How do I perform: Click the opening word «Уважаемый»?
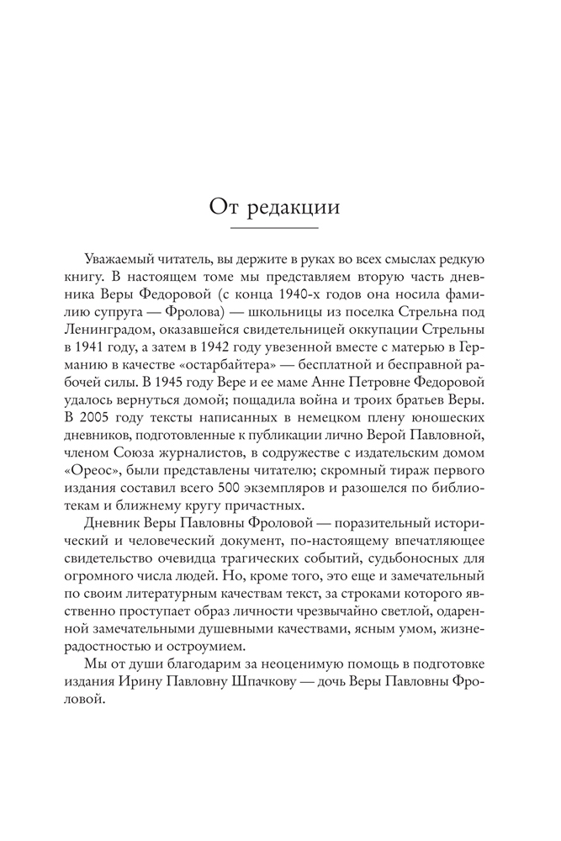(x=121, y=257)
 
